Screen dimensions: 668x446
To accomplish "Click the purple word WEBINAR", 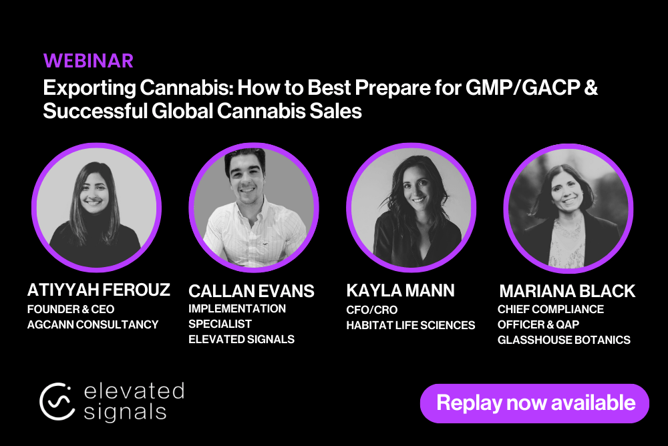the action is pos(88,61).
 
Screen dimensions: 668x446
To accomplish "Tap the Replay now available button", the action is pos(534,403).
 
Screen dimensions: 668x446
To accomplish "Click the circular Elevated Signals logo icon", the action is pos(57,401).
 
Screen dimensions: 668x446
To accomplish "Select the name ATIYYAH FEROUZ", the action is pos(98,290).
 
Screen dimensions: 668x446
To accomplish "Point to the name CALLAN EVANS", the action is pos(251,291).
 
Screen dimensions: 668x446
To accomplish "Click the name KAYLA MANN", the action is pos(400,290).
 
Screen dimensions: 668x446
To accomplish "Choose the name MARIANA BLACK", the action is pos(567,291).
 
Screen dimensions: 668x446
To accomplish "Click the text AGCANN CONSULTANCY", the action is pos(93,324).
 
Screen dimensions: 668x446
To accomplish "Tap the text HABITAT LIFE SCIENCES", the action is pos(411,325).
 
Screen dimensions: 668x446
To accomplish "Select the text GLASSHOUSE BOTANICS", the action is pos(564,340).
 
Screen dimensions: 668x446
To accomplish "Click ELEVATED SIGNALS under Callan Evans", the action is pos(242,339).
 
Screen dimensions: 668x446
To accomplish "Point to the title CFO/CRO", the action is pos(372,310).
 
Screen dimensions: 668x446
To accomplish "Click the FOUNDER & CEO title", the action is pos(71,309).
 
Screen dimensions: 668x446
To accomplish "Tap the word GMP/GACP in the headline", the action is pos(522,87).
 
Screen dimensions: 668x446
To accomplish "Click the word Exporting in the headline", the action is pos(90,89).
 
